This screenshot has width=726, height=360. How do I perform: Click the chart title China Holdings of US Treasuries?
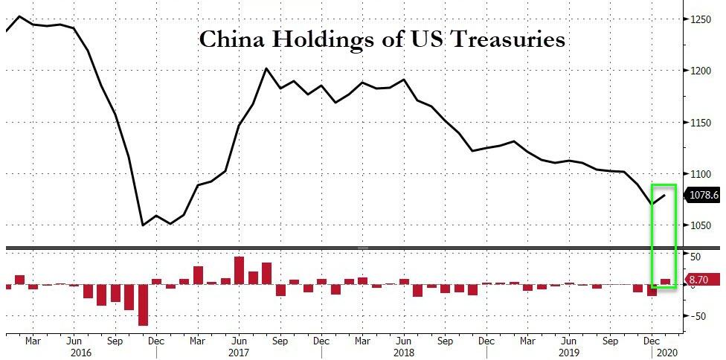coord(382,39)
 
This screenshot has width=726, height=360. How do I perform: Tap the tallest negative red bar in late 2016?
coord(143,304)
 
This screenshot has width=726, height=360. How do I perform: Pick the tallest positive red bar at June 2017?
coord(239,270)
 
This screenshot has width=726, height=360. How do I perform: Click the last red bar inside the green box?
coord(665,281)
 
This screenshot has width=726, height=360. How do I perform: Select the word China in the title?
coord(227,39)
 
